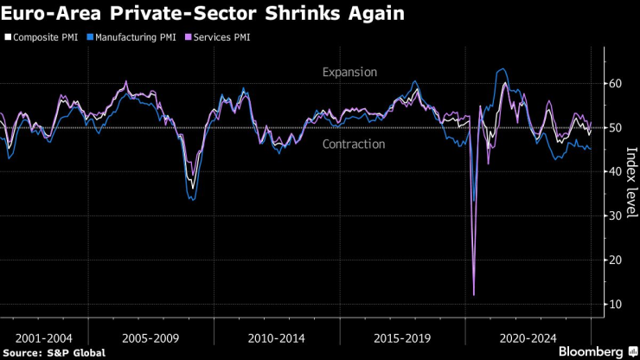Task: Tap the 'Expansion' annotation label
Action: click(x=349, y=73)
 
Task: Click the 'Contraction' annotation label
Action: click(x=353, y=144)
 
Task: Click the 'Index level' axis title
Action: click(x=630, y=183)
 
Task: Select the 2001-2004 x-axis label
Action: click(x=44, y=337)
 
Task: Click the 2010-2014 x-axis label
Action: click(x=276, y=337)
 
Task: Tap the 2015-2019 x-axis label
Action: click(x=401, y=337)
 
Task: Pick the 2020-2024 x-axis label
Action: click(x=528, y=337)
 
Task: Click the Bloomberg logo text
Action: click(x=591, y=351)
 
